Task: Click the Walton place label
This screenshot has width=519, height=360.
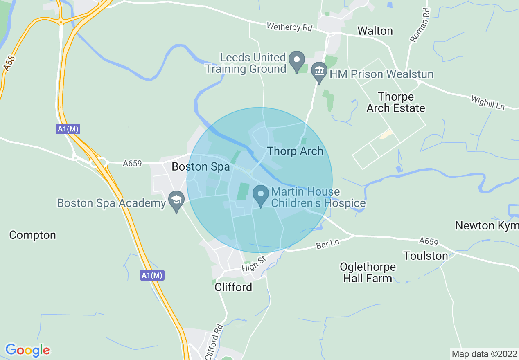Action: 375,31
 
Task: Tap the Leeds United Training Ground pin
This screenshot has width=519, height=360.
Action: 296,61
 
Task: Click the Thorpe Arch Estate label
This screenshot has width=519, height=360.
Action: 396,103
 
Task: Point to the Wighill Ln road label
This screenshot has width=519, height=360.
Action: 488,103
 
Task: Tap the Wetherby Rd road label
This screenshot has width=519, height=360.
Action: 289,27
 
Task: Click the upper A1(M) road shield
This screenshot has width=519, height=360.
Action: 68,129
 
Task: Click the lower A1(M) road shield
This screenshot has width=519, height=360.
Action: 153,275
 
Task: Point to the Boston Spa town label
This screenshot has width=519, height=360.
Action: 201,167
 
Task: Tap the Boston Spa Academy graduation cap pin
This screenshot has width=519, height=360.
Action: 176,200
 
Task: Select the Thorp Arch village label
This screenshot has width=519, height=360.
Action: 295,151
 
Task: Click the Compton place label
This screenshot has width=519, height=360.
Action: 32,235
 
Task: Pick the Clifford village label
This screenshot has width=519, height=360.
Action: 233,288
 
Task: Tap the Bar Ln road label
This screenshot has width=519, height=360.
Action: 327,244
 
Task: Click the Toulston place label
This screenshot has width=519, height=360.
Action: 426,256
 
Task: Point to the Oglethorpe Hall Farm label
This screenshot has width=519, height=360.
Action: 368,273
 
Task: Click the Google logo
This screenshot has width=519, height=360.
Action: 27,351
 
